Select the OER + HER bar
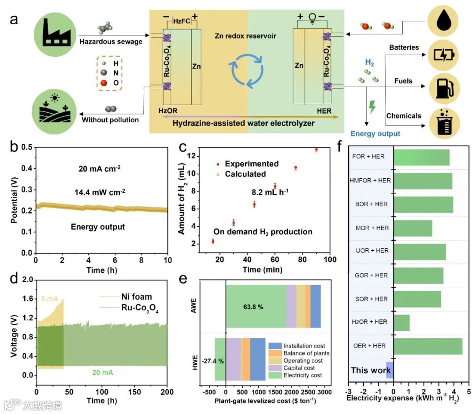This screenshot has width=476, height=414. (428, 346)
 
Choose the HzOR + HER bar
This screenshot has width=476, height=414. (402, 322)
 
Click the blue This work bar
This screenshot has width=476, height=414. (390, 370)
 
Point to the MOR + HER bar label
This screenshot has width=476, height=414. (372, 228)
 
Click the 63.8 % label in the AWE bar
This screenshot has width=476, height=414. (255, 307)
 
